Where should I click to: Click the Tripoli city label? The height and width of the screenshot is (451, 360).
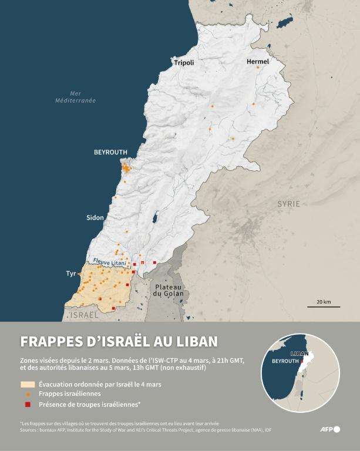click(x=183, y=62)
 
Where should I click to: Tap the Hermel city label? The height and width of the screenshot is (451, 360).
click(x=258, y=61)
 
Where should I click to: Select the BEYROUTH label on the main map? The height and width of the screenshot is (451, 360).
click(x=110, y=152)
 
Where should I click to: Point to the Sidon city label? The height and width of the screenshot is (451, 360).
click(x=95, y=217)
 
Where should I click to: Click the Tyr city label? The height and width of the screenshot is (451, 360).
click(x=71, y=274)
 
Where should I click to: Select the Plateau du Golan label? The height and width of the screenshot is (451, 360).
click(x=169, y=290)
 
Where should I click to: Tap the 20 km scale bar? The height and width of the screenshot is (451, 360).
click(x=323, y=305)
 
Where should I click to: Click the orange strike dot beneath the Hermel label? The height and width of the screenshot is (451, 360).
click(x=257, y=68)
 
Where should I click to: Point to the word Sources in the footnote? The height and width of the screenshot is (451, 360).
click(x=30, y=430)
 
